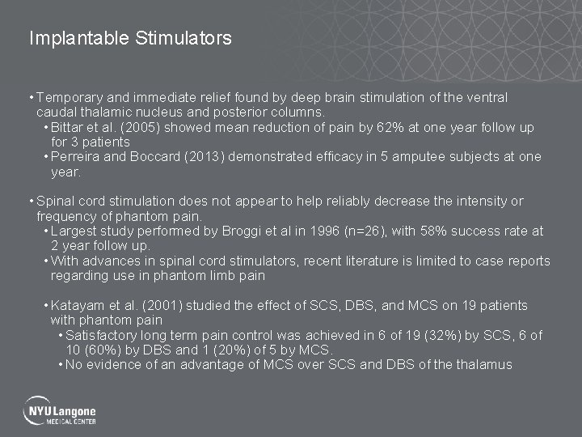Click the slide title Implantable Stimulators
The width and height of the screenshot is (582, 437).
point(130,38)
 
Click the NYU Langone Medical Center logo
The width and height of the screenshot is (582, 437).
point(61,410)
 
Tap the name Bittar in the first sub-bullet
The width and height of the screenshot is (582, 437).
point(70,128)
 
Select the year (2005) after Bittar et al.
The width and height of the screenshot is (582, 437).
point(141,128)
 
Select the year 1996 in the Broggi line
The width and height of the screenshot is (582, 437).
point(309,231)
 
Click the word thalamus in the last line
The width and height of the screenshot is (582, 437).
point(484,364)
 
